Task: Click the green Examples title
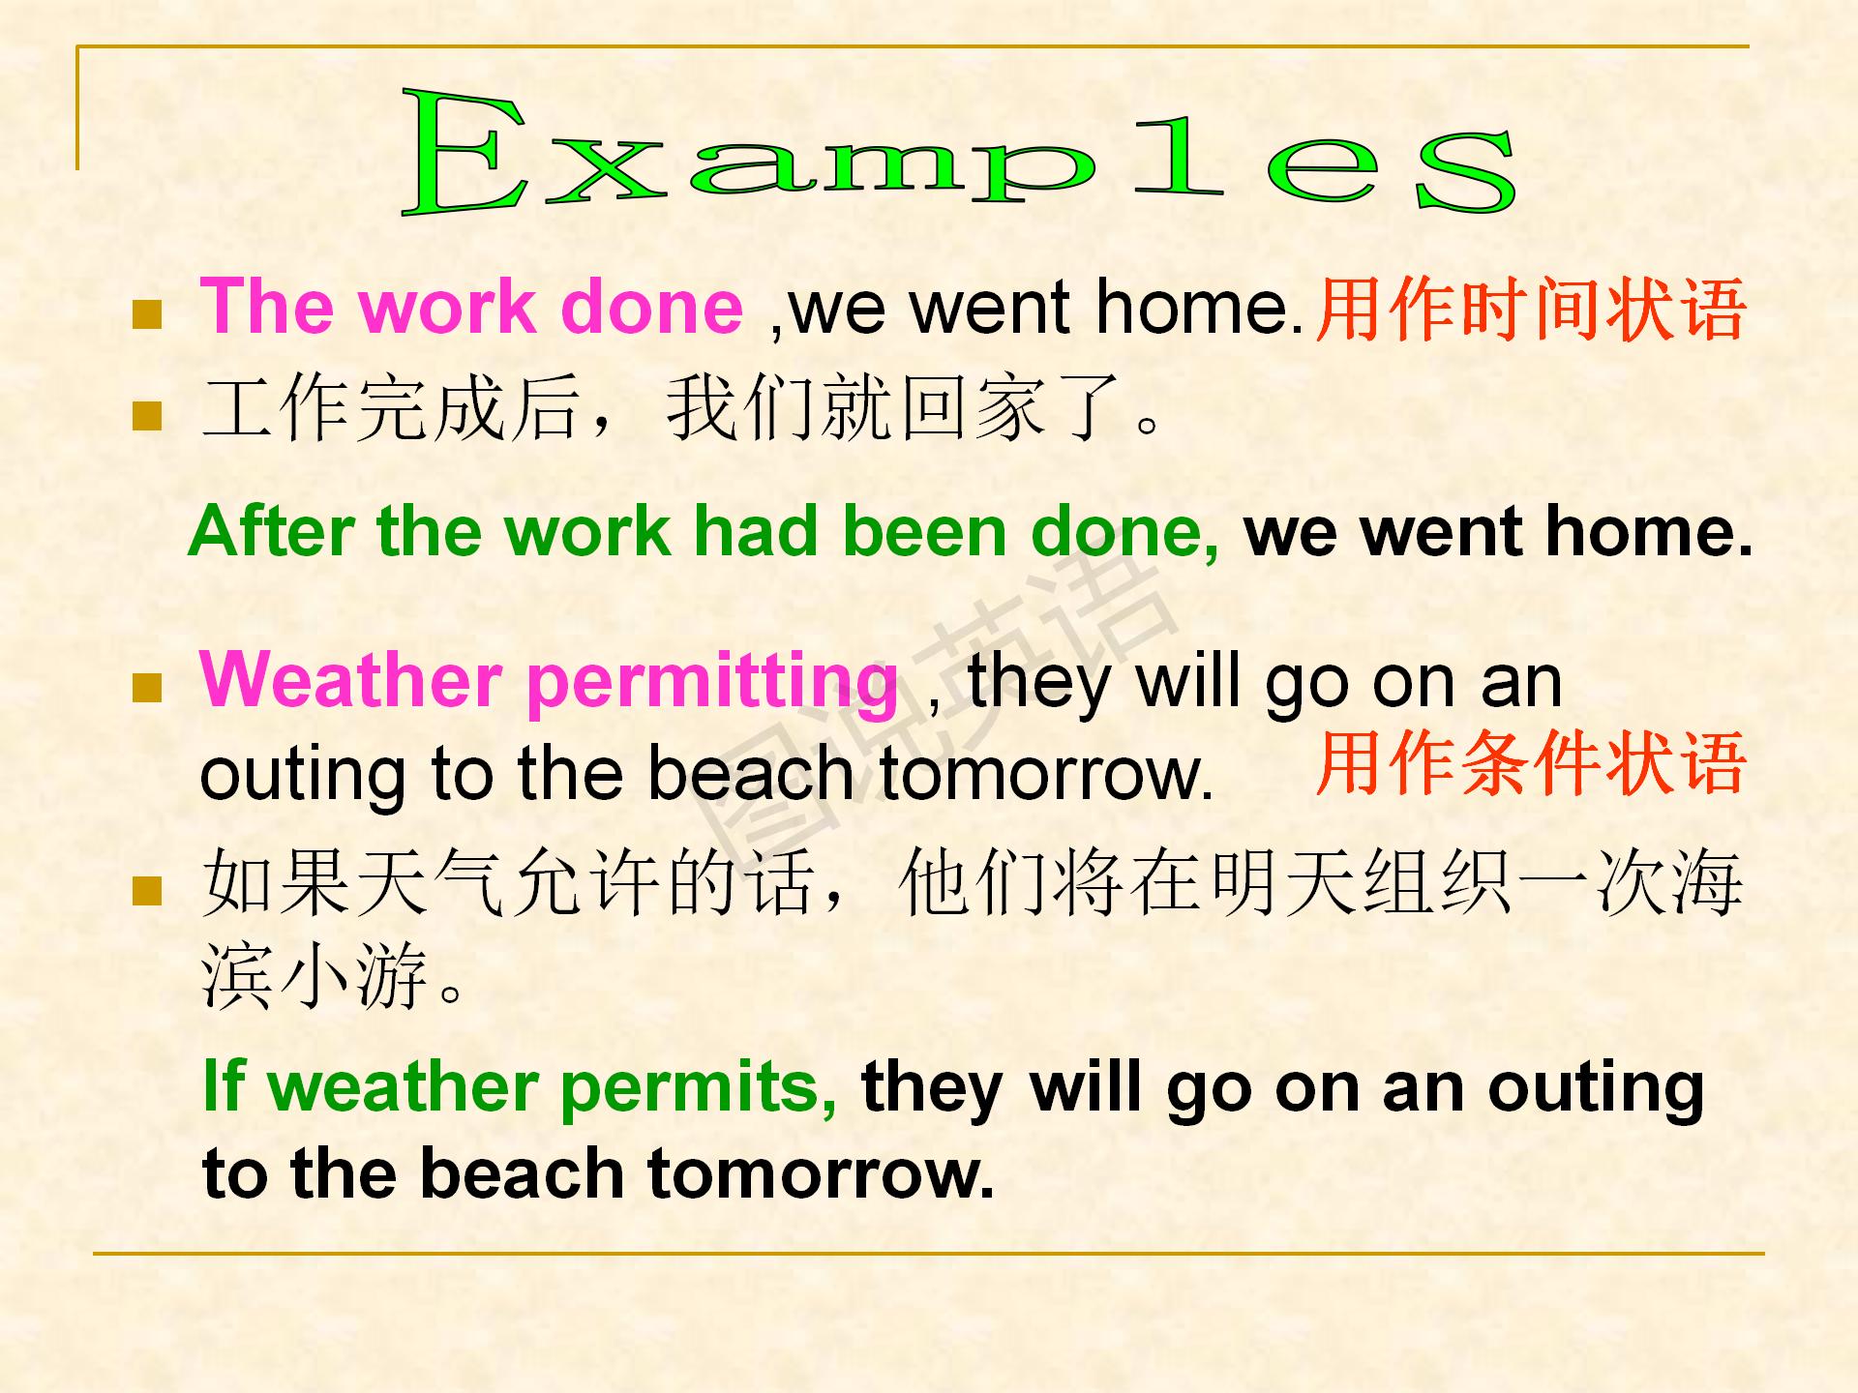(958, 152)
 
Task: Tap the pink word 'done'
(651, 308)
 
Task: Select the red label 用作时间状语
(1530, 310)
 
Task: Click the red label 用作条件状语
(1530, 763)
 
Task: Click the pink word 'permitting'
(713, 684)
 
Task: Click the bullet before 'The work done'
(147, 315)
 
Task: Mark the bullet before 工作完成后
(147, 416)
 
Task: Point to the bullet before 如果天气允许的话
(147, 890)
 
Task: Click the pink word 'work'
(448, 308)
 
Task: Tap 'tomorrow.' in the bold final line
(821, 1173)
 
